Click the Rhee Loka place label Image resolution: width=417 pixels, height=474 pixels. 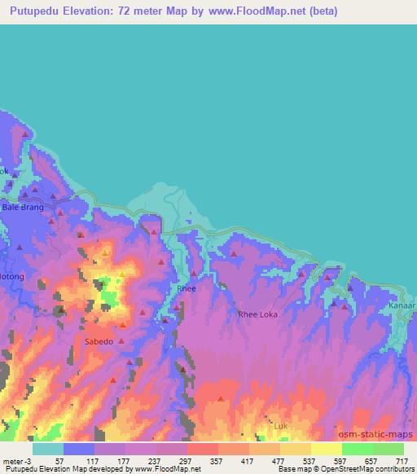(263, 314)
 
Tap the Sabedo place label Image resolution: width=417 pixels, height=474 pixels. (99, 341)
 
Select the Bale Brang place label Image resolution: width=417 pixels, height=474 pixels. (23, 208)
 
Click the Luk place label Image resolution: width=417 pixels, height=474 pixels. (281, 425)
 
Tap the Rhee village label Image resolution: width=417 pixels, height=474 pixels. (186, 289)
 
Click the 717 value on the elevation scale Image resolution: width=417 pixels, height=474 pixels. (402, 460)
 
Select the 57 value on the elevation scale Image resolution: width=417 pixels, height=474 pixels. (59, 460)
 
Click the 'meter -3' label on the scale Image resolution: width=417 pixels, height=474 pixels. (17, 460)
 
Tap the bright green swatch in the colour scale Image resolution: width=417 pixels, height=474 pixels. (357, 449)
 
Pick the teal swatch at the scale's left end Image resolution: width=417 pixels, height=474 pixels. (48, 449)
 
